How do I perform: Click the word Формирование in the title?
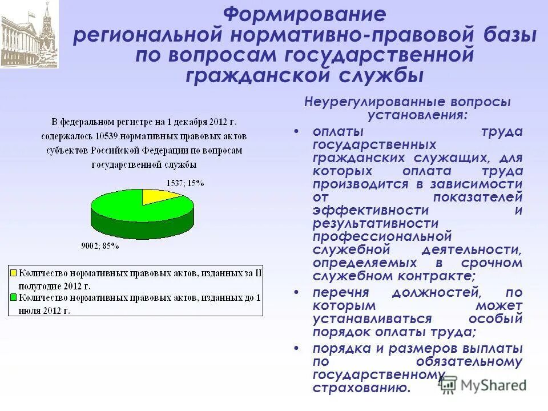click(x=304, y=14)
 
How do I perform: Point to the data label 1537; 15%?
click(x=185, y=183)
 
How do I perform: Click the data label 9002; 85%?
click(x=100, y=246)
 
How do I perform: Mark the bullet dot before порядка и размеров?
click(x=296, y=348)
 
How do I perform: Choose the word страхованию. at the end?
click(x=361, y=388)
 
